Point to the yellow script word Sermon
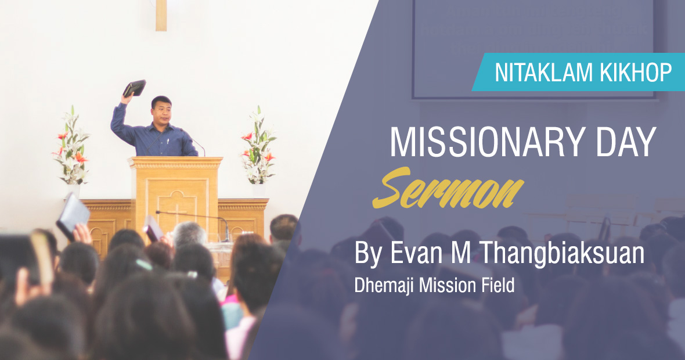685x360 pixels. click(448, 188)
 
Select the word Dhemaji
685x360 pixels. click(384, 285)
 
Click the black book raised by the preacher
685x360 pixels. click(135, 88)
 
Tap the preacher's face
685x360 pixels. click(161, 112)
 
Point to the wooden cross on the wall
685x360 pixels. click(161, 15)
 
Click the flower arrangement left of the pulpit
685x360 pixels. click(71, 146)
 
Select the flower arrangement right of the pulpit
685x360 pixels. click(258, 146)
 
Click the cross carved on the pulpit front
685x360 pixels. click(177, 210)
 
